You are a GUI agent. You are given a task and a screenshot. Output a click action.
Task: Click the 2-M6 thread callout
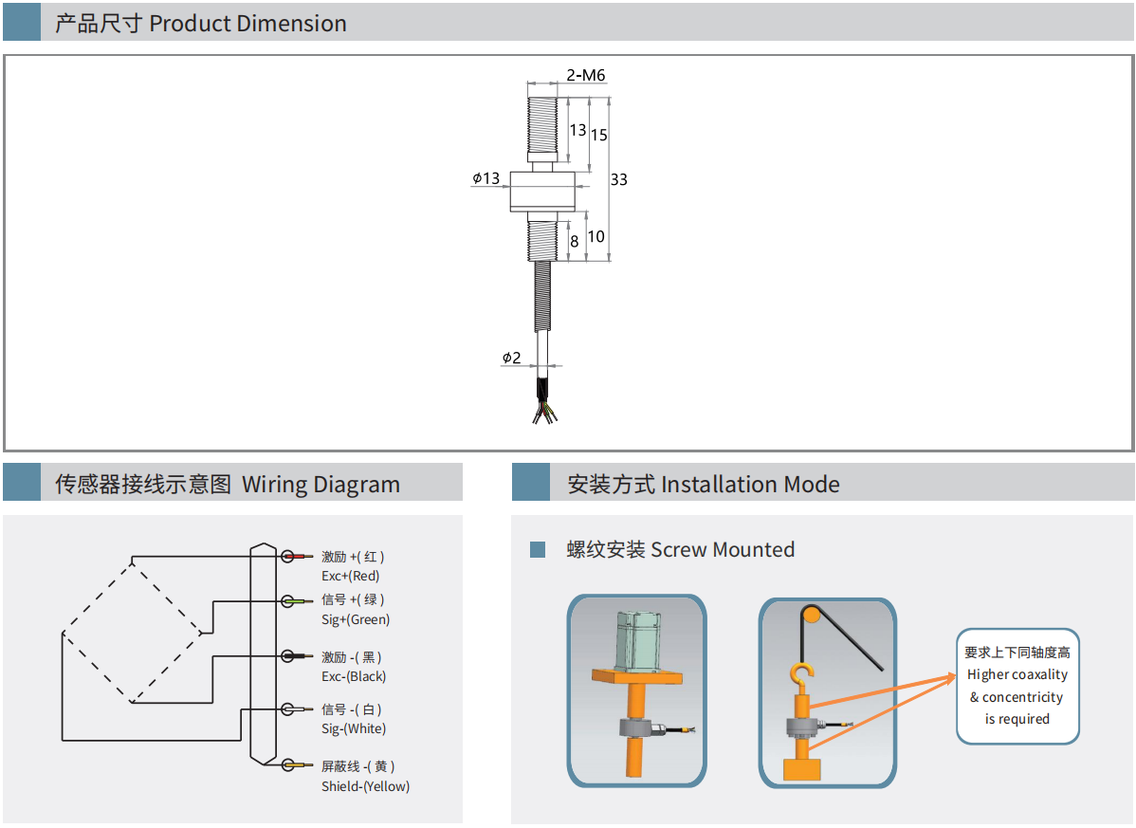(585, 75)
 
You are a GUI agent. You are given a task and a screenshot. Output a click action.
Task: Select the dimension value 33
(618, 179)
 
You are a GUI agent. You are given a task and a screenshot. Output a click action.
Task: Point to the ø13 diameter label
(486, 178)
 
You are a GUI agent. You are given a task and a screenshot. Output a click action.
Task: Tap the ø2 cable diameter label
(511, 358)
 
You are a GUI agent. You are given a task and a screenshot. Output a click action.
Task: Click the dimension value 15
(598, 135)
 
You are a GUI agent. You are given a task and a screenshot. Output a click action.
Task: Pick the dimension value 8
(574, 242)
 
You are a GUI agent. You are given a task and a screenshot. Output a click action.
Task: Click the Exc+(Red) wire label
(350, 576)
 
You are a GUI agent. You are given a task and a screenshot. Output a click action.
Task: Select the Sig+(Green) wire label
(356, 619)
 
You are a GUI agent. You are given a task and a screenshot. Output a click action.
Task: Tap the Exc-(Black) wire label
(354, 676)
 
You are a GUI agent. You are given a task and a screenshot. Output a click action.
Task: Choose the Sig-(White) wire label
(354, 728)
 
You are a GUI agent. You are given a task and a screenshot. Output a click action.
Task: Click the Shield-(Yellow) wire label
(365, 786)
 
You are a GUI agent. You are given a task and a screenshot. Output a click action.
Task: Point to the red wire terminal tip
(304, 556)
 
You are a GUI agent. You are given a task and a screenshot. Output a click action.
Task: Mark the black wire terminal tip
(305, 656)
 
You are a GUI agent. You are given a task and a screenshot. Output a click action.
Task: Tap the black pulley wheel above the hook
(811, 614)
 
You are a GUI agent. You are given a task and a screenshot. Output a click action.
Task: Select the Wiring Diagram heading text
(321, 485)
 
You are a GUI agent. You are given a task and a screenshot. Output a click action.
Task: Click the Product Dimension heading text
(247, 24)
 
